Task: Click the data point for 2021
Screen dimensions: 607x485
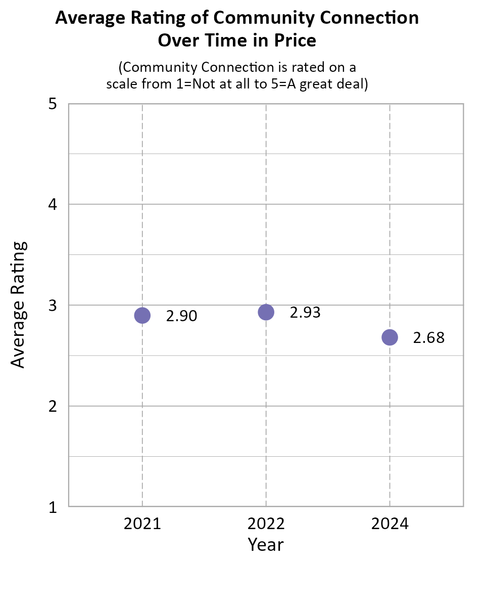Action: point(142,316)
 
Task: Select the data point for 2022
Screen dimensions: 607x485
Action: point(266,312)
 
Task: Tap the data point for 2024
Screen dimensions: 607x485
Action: point(390,337)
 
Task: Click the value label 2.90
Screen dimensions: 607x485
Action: point(181,316)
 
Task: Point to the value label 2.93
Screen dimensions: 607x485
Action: point(305,313)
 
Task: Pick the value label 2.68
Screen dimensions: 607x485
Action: point(429,338)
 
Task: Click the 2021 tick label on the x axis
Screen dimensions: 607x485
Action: point(142,524)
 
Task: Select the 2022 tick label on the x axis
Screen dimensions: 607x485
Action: point(266,524)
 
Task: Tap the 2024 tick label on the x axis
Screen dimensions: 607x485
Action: point(390,524)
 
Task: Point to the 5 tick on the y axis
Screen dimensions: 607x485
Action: point(52,104)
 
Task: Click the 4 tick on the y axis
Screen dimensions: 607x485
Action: point(52,204)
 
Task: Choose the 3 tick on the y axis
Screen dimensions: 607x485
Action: point(52,305)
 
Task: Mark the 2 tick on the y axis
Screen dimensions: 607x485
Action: point(52,406)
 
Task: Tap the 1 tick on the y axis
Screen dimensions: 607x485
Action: point(52,506)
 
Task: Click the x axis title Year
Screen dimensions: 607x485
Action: point(266,545)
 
